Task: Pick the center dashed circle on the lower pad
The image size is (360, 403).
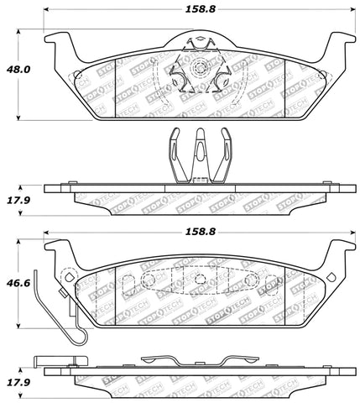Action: pyautogui.click(x=200, y=281)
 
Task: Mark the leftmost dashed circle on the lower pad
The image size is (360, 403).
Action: pyautogui.click(x=149, y=280)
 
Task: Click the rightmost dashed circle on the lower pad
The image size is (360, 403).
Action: pyautogui.click(x=251, y=280)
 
